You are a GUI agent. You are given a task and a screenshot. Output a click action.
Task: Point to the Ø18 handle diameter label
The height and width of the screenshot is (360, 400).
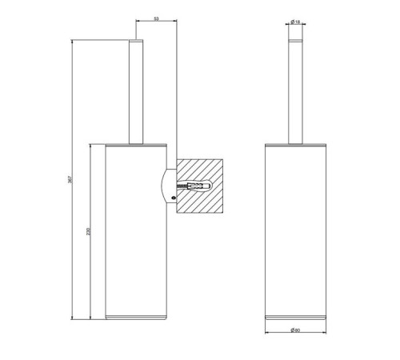pos(294,22)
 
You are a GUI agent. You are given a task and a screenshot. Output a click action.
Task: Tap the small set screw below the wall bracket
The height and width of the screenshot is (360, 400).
pos(173,198)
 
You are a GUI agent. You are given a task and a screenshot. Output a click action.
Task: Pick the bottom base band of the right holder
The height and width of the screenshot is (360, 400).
pos(294,318)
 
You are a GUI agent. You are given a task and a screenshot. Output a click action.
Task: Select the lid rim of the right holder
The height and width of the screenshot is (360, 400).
pos(294,144)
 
